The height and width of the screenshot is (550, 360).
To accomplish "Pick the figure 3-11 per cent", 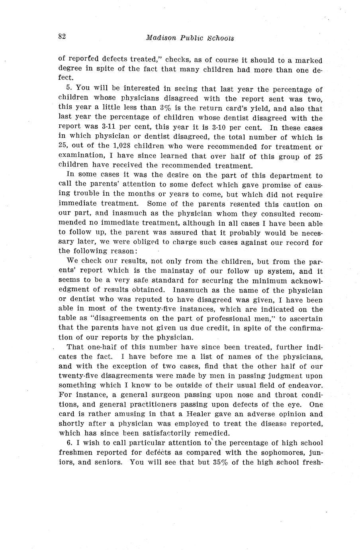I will [101, 128].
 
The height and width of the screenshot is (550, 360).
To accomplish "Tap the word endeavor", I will [305, 385].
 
